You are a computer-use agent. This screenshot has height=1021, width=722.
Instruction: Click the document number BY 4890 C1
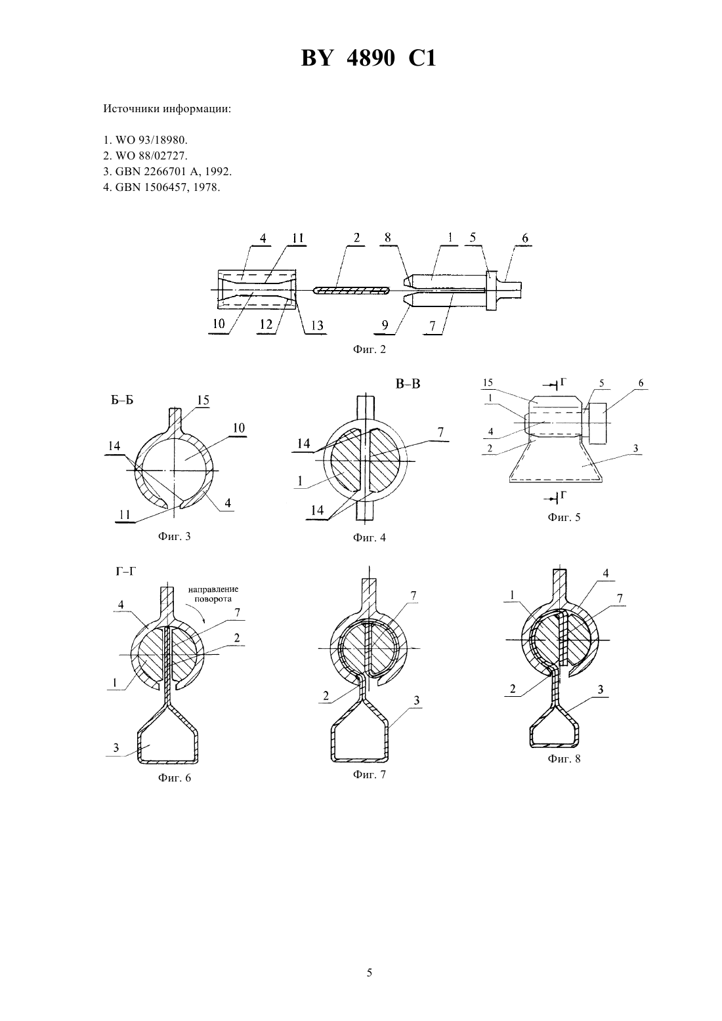(x=368, y=58)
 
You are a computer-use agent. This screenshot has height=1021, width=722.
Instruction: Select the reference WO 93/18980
(x=146, y=140)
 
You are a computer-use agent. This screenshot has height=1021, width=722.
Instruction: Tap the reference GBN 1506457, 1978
(x=161, y=187)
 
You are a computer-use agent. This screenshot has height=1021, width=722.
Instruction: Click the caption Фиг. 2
(x=369, y=349)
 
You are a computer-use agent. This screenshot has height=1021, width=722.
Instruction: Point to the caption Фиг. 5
(x=564, y=517)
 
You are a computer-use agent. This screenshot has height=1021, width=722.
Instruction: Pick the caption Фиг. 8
(x=564, y=759)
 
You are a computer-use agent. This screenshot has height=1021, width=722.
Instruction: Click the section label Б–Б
(x=122, y=401)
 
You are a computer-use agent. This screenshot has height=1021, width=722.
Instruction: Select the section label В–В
(x=408, y=384)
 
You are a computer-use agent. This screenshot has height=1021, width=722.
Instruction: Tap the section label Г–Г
(x=126, y=571)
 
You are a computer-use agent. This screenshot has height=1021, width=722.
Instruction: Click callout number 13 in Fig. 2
(x=317, y=325)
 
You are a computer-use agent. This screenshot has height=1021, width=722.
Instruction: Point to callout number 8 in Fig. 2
(x=387, y=237)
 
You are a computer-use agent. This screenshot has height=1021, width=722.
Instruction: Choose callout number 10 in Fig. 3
(x=239, y=428)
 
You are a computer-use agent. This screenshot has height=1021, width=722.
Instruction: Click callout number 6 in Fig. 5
(x=641, y=383)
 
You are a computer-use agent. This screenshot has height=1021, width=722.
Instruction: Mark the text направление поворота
(x=213, y=594)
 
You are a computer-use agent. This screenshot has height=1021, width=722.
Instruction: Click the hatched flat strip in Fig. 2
(x=351, y=290)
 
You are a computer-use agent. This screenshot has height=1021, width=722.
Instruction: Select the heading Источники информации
(x=167, y=110)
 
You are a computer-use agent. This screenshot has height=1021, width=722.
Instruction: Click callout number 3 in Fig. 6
(x=116, y=747)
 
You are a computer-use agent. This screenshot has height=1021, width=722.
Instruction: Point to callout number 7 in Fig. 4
(x=440, y=432)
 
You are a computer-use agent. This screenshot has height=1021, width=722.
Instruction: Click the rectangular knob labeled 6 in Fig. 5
(x=597, y=423)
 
